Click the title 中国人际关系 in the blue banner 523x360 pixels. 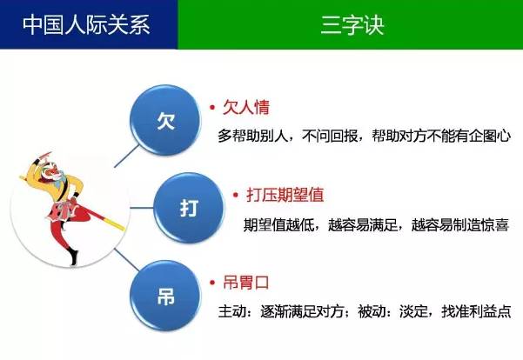point(87,24)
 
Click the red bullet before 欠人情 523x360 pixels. point(211,108)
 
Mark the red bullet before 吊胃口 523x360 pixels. point(211,283)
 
